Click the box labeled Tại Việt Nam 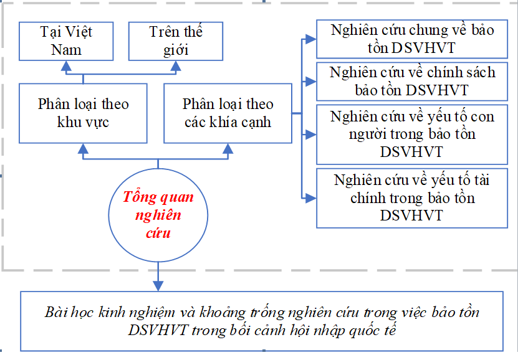pos(66,40)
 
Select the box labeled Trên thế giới pos(176,40)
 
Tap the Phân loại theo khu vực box pos(83,113)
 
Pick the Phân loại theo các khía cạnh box pos(228,113)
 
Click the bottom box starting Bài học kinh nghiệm pos(262,321)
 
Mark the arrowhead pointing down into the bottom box pos(158,285)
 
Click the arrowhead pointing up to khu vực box pos(83,149)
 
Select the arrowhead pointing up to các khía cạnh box pos(228,149)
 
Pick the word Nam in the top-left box pos(66,49)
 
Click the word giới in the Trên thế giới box pos(176,49)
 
